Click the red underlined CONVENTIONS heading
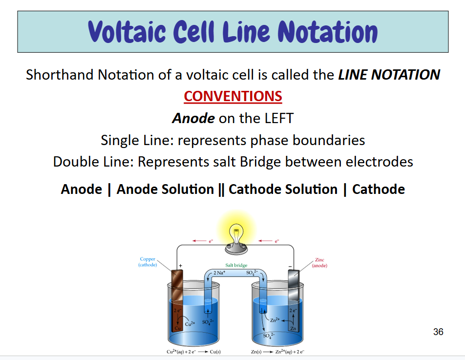tap(233, 96)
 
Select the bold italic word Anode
tap(193, 118)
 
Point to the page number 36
tap(438, 332)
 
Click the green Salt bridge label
tap(236, 265)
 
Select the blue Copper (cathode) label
tap(148, 262)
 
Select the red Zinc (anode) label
tap(319, 263)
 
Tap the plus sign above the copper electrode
tap(181, 266)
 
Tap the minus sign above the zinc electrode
tap(290, 266)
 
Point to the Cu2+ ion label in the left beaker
tap(190, 323)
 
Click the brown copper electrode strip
tap(176, 298)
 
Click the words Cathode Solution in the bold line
tap(283, 190)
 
